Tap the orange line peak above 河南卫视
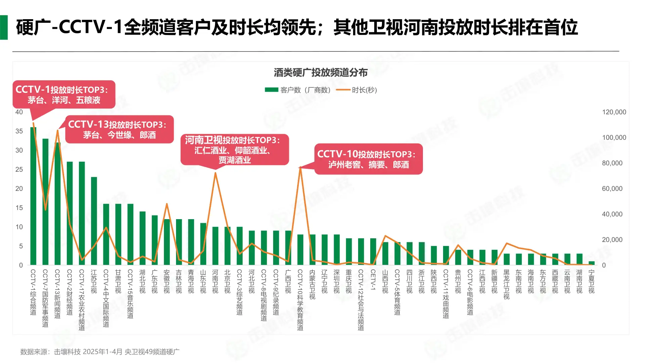[215, 173]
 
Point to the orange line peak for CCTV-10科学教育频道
[300, 167]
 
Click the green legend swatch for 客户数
[271, 90]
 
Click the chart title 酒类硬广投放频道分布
[320, 72]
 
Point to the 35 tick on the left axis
[19, 131]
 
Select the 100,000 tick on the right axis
[614, 137]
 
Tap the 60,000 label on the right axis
[612, 189]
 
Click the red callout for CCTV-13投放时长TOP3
[119, 129]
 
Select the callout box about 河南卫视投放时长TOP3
[234, 150]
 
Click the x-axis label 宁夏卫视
[592, 282]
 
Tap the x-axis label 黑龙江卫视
[507, 284]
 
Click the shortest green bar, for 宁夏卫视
[592, 263]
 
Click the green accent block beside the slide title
[4, 27]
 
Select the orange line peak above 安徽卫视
[167, 204]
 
